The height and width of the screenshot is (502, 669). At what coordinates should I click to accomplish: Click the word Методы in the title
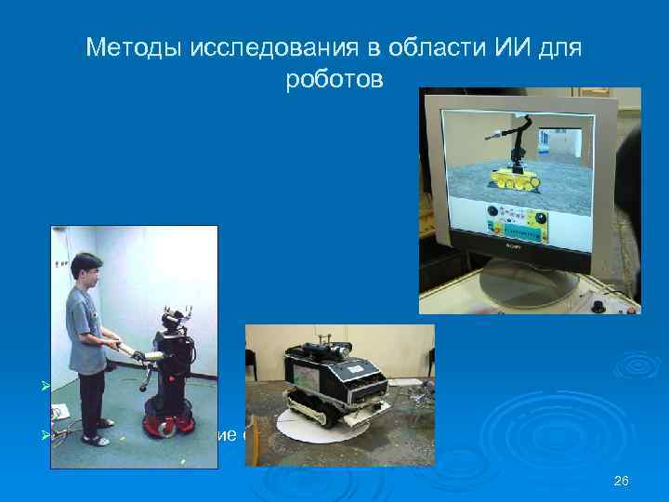tap(126, 47)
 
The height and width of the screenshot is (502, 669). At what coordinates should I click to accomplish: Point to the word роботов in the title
tap(334, 80)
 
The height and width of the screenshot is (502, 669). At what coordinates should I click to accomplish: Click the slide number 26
tap(622, 481)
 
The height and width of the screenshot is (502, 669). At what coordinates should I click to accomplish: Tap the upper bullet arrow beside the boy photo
tap(54, 385)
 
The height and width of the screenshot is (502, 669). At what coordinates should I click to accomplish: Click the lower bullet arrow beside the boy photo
tap(54, 434)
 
